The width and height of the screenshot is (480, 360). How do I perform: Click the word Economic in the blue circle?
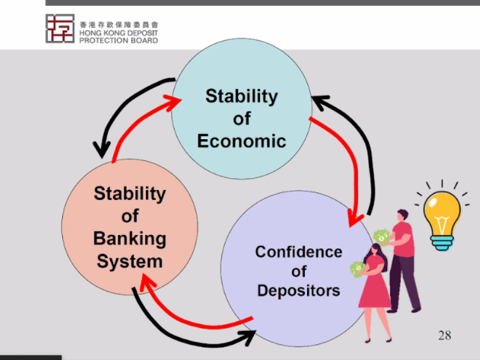pos(242,141)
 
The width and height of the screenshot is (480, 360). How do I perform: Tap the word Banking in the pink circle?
pos(130,239)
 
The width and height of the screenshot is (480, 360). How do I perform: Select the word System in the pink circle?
pos(130,262)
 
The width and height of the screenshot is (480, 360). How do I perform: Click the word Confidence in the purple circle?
pos(299,252)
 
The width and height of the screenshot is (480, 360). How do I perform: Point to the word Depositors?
pos(299,291)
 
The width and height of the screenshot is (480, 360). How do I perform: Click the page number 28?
pos(445,335)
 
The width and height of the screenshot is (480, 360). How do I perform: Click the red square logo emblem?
pos(60,28)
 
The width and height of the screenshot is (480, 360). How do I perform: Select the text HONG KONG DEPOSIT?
pos(119,33)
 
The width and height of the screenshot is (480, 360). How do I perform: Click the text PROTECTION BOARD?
pos(119,40)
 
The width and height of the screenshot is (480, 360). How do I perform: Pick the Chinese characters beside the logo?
pos(119,25)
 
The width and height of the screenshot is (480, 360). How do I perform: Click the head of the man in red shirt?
pos(403,215)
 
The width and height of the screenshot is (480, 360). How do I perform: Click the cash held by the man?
pos(382,236)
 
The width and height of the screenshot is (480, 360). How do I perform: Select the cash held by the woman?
pos(357,269)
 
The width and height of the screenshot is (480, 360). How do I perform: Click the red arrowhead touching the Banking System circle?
pos(147,283)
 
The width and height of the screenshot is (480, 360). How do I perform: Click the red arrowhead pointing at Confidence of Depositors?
pos(355,219)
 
